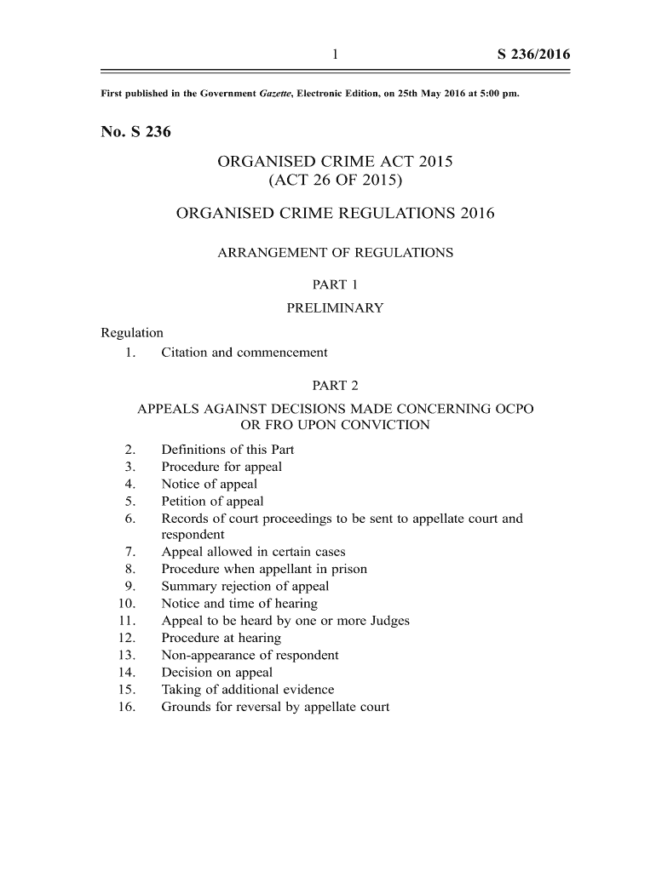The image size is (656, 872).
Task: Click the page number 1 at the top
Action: [336, 55]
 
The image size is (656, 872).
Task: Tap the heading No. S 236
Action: [136, 132]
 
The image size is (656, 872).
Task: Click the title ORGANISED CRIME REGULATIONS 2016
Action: [335, 214]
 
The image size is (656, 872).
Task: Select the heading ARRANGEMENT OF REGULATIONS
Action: [336, 253]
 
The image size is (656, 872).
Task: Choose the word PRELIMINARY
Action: [335, 307]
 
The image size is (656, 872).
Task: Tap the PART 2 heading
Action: [335, 386]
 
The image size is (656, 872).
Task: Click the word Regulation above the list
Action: [132, 332]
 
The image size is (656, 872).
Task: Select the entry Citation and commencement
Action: [245, 352]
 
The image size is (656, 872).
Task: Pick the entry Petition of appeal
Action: [212, 501]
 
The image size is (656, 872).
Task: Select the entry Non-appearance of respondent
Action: [250, 655]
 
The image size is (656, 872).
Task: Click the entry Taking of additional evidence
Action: [248, 689]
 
